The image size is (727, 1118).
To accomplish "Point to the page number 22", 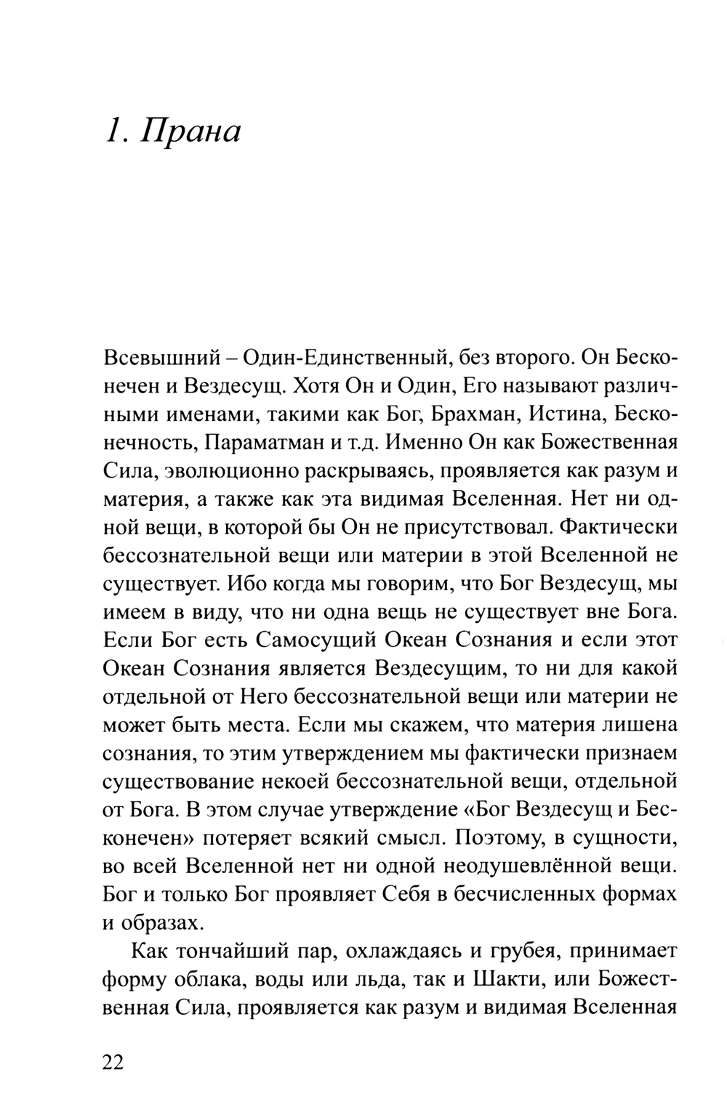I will click(113, 1062).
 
